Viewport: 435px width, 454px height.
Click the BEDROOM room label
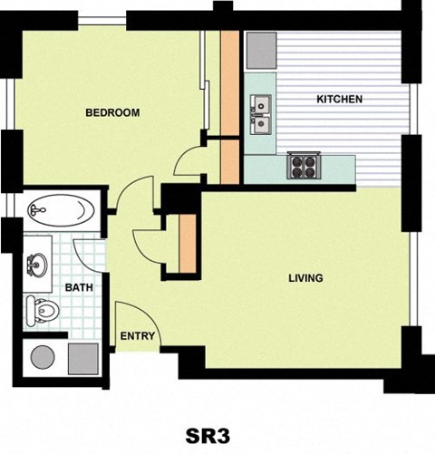coord(111,113)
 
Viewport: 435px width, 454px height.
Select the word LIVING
coord(304,278)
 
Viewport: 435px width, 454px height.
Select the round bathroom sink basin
coord(37,265)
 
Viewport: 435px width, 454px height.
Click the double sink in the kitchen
coord(260,113)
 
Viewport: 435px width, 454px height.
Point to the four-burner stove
coord(301,166)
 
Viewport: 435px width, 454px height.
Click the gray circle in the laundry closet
coord(42,358)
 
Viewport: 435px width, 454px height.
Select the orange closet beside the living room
coord(188,242)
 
